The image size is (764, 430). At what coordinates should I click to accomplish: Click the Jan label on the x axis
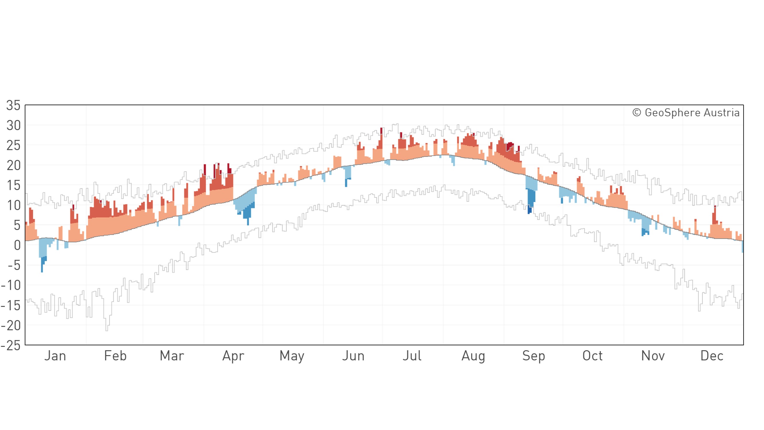pyautogui.click(x=55, y=355)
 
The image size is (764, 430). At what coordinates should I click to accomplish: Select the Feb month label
pyautogui.click(x=115, y=355)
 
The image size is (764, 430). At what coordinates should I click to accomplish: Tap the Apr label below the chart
pyautogui.click(x=233, y=356)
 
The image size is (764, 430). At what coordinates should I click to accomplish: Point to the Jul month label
pyautogui.click(x=412, y=355)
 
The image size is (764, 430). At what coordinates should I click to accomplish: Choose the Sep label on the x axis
pyautogui.click(x=534, y=356)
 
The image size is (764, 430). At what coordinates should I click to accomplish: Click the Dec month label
pyautogui.click(x=712, y=355)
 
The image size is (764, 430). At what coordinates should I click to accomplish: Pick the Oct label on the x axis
pyautogui.click(x=592, y=355)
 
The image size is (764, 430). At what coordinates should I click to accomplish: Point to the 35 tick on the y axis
pyautogui.click(x=13, y=105)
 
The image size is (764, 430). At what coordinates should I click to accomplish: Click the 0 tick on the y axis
pyautogui.click(x=17, y=245)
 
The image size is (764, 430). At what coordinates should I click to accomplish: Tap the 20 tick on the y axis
pyautogui.click(x=13, y=165)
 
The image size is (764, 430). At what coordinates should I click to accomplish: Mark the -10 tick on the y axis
pyautogui.click(x=11, y=286)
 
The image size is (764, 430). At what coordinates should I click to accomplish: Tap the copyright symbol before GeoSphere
pyautogui.click(x=636, y=113)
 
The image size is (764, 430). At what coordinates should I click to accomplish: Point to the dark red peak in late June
pyautogui.click(x=381, y=132)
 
